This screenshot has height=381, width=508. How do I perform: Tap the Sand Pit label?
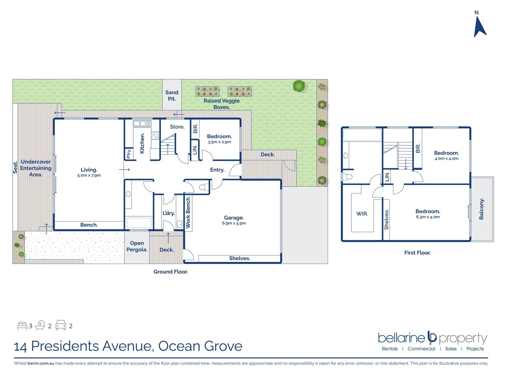[172, 96]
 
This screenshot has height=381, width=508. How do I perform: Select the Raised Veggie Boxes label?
[222, 104]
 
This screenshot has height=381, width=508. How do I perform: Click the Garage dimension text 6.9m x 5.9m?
[234, 223]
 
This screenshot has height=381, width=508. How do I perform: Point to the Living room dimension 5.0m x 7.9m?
[89, 175]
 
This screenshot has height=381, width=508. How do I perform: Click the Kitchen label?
[142, 143]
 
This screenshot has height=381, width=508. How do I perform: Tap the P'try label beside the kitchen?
[129, 153]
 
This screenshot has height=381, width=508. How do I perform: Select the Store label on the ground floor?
[177, 127]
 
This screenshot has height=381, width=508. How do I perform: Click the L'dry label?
[169, 213]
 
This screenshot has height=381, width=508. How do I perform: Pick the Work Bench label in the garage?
[188, 212]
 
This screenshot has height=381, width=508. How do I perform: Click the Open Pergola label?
[137, 246]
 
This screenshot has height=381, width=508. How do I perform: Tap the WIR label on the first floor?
[362, 214]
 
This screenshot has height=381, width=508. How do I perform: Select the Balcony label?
[482, 209]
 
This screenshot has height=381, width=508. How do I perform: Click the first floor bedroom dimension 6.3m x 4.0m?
[428, 217]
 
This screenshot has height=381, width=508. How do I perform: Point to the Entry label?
[217, 170]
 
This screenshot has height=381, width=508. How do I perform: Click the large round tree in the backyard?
[299, 86]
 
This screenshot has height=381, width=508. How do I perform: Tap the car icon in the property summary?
[61, 325]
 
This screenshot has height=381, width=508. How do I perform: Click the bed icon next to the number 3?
[22, 326]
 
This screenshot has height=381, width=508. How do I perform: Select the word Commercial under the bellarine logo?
[421, 349]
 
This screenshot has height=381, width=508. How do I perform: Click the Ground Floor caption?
[170, 272]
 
